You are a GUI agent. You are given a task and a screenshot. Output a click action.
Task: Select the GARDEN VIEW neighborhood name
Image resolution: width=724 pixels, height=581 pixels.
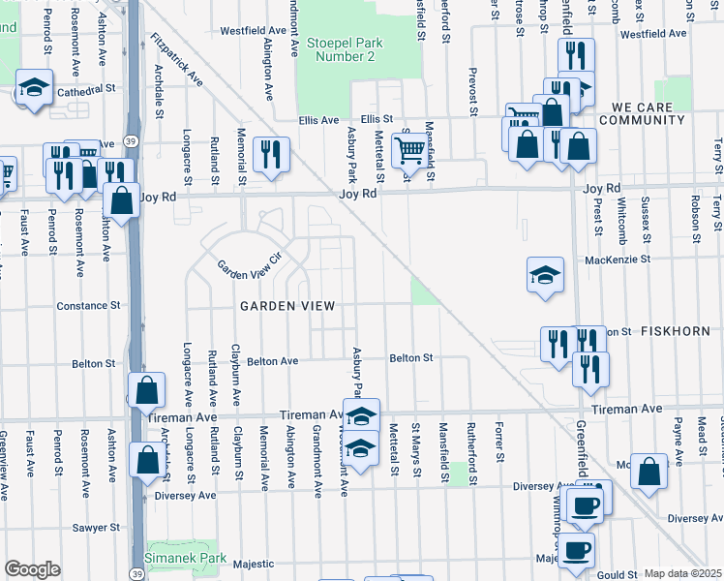(x=287, y=306)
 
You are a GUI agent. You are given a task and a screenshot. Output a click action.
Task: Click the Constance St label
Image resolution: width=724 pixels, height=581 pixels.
(x=87, y=305)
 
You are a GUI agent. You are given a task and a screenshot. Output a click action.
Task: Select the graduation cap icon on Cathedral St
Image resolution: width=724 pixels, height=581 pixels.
(x=34, y=89)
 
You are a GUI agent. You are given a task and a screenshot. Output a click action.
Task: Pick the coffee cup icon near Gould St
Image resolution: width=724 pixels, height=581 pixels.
(x=577, y=550)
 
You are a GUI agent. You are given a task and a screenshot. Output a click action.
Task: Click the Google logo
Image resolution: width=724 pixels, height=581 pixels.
(x=32, y=569)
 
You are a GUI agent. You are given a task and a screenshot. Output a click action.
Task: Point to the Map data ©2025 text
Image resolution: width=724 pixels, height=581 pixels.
(x=682, y=573)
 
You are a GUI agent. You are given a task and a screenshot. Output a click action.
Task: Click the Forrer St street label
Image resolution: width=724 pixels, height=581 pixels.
(x=499, y=441)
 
